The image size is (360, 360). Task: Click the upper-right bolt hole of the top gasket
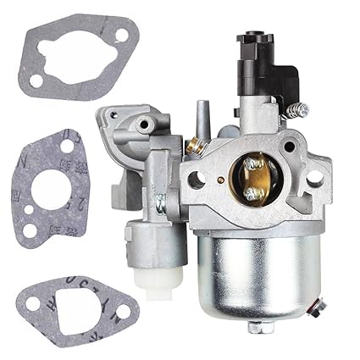[121, 35]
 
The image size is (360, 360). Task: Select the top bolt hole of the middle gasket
[66, 147]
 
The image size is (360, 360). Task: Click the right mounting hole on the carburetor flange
[313, 179]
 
